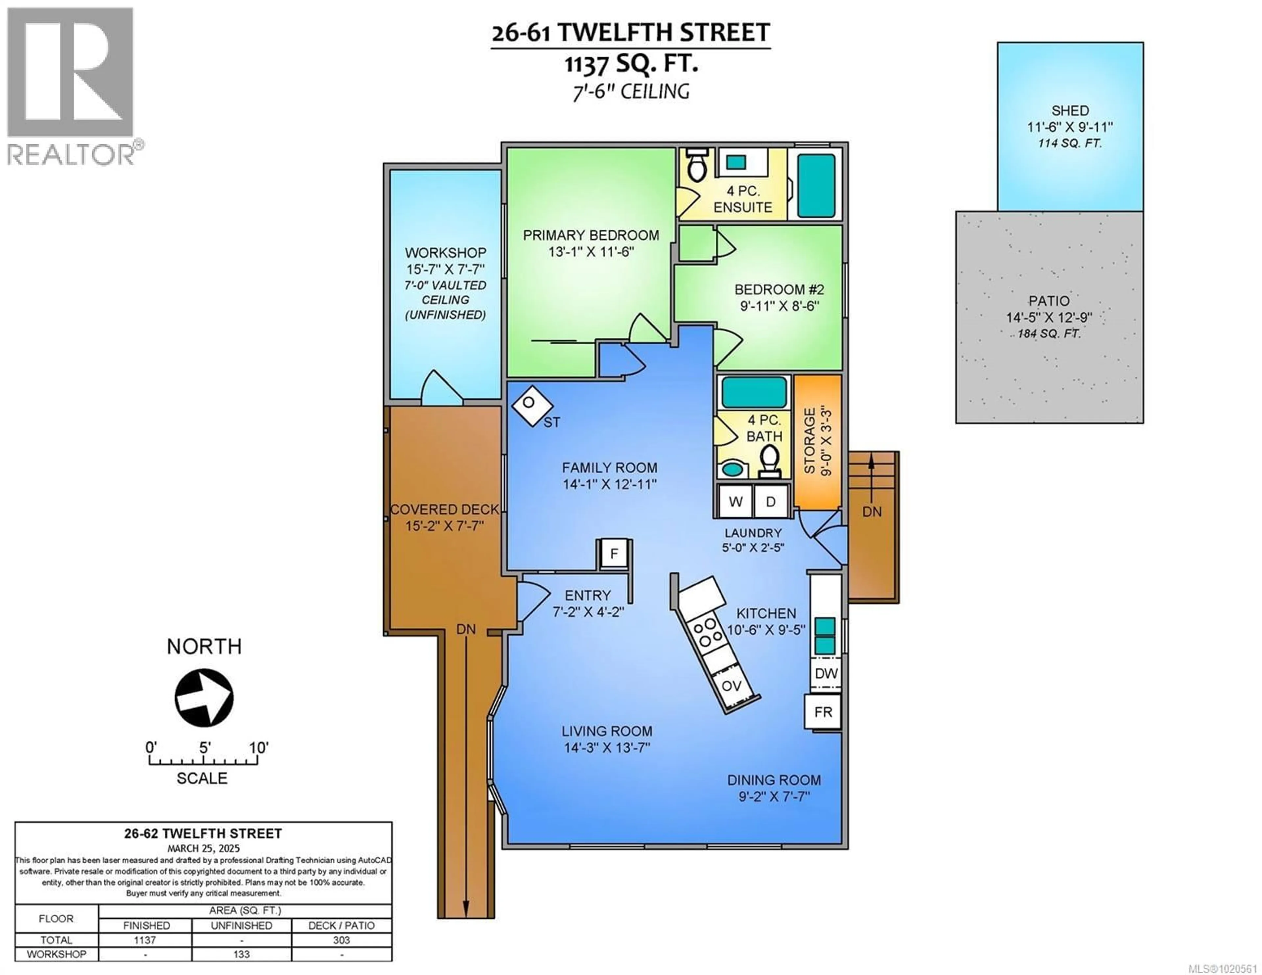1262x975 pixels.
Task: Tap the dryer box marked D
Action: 771,501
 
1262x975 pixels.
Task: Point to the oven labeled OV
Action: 732,686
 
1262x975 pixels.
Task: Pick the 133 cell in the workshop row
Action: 242,954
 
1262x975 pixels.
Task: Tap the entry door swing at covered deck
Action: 532,601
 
